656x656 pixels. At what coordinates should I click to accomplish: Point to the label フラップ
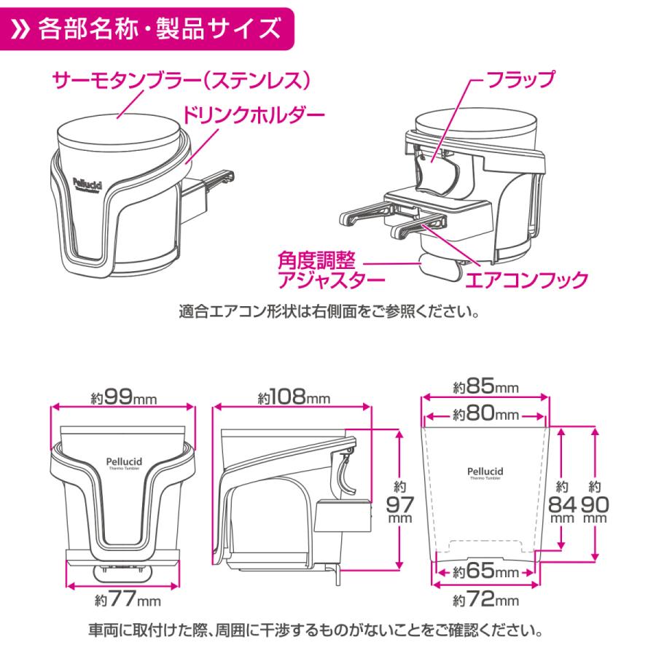[x=522, y=77]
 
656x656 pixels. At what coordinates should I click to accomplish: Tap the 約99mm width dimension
[x=122, y=397]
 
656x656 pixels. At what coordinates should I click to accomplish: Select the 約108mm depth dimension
[x=293, y=397]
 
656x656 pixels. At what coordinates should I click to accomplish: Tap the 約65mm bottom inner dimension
[x=484, y=571]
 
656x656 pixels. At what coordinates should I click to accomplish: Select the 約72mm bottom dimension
[x=484, y=600]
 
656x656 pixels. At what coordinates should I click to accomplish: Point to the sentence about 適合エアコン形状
[x=327, y=315]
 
